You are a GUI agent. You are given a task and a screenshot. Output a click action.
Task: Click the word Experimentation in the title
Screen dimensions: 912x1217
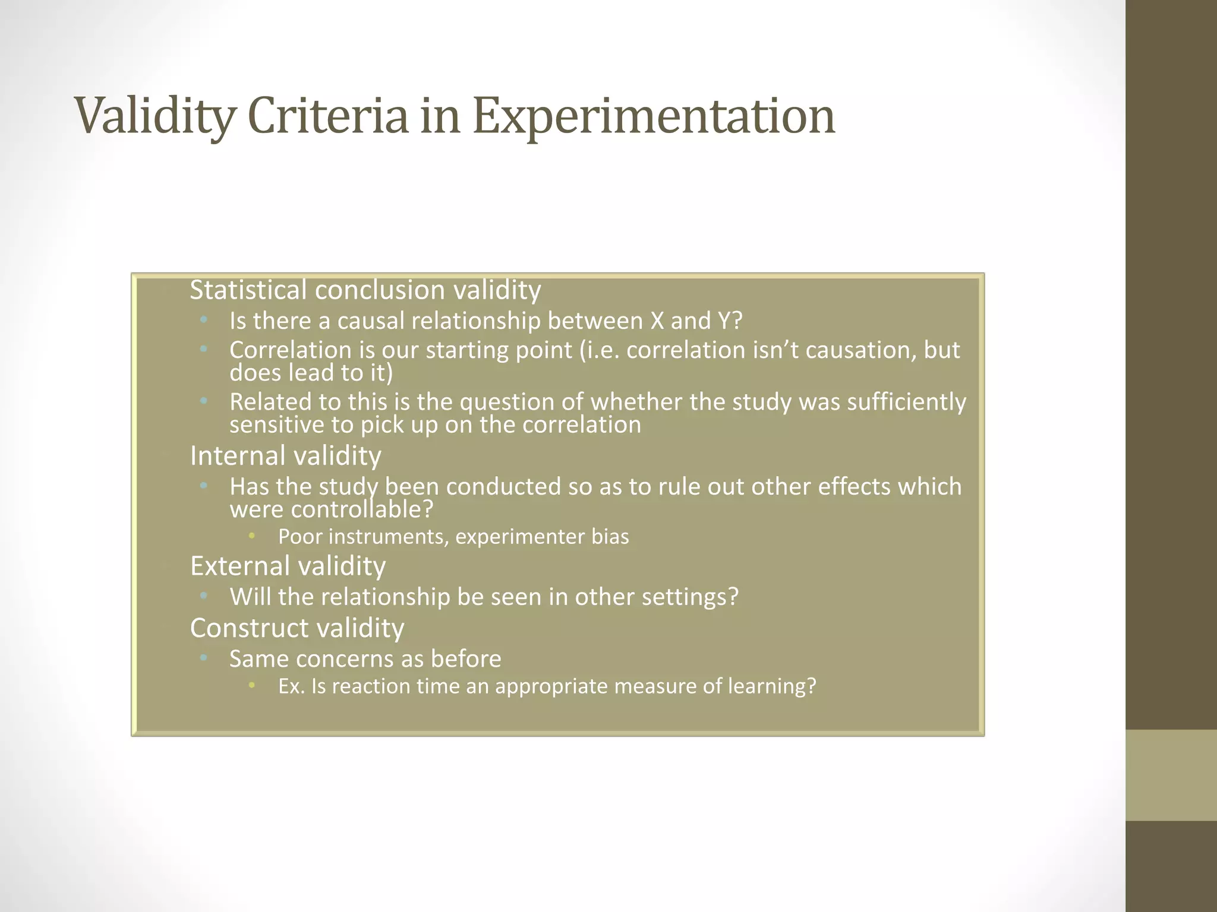pos(654,116)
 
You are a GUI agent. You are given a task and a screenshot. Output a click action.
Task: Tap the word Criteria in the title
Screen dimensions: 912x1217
pos(327,115)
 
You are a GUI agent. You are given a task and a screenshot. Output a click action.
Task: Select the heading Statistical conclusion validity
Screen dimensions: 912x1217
pos(365,290)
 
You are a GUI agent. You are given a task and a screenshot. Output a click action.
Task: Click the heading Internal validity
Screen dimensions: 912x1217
pos(285,455)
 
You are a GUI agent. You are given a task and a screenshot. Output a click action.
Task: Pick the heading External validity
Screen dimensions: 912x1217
pos(288,565)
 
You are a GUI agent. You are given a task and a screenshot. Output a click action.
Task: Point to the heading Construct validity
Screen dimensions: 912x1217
pos(297,628)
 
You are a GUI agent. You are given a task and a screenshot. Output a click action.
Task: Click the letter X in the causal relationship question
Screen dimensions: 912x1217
pos(657,321)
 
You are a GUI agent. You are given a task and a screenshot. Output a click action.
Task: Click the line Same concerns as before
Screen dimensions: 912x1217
pos(365,659)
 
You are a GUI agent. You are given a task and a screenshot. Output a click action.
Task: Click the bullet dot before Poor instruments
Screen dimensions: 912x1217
pos(251,536)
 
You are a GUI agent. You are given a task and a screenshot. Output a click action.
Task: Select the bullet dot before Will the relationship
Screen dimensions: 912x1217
pos(203,595)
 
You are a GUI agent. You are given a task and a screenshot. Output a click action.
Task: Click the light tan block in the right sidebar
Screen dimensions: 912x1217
pos(1171,775)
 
